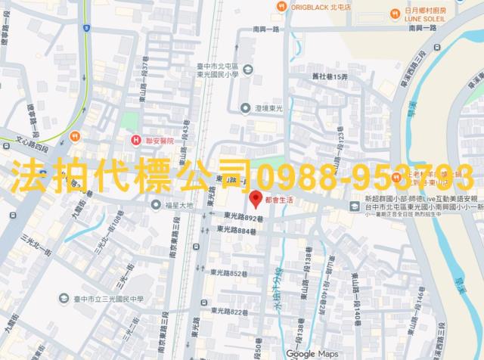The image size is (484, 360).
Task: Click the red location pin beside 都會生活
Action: pyautogui.click(x=256, y=199)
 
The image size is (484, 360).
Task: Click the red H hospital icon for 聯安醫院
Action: pyautogui.click(x=135, y=140)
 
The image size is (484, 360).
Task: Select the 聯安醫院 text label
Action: pyautogui.click(x=157, y=140)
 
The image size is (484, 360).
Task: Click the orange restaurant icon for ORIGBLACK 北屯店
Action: pyautogui.click(x=280, y=6)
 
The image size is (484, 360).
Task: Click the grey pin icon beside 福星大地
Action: pyautogui.click(x=155, y=204)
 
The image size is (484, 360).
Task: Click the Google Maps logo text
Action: pyautogui.click(x=312, y=353)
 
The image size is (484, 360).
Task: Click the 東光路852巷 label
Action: pyautogui.click(x=230, y=272)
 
